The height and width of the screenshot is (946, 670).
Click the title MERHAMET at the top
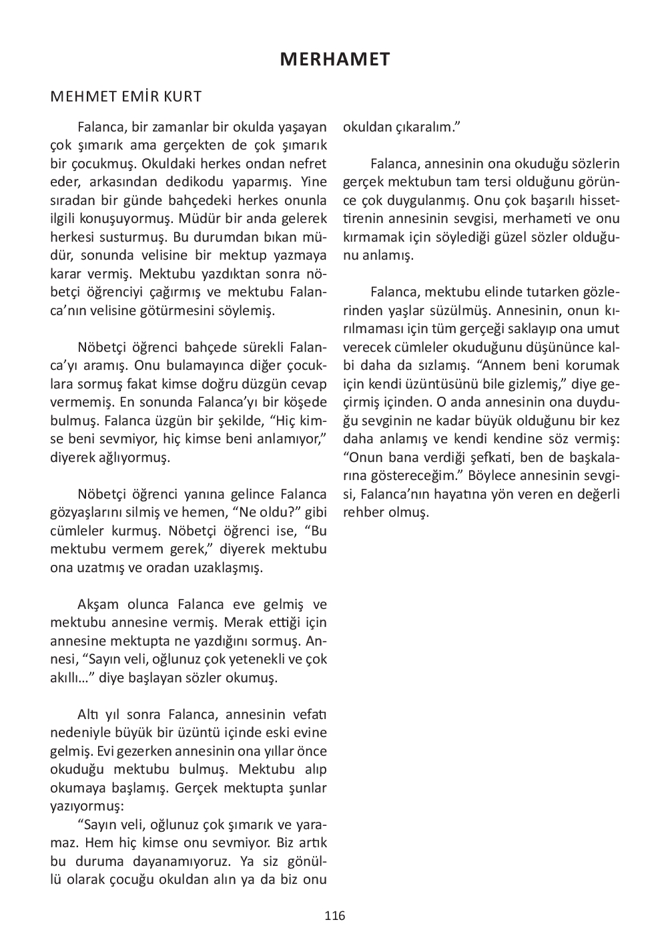[x=334, y=59]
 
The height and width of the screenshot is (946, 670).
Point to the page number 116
[x=335, y=915]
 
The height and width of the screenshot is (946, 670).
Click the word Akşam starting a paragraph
[x=98, y=605]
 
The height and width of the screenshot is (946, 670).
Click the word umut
[x=606, y=329]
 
